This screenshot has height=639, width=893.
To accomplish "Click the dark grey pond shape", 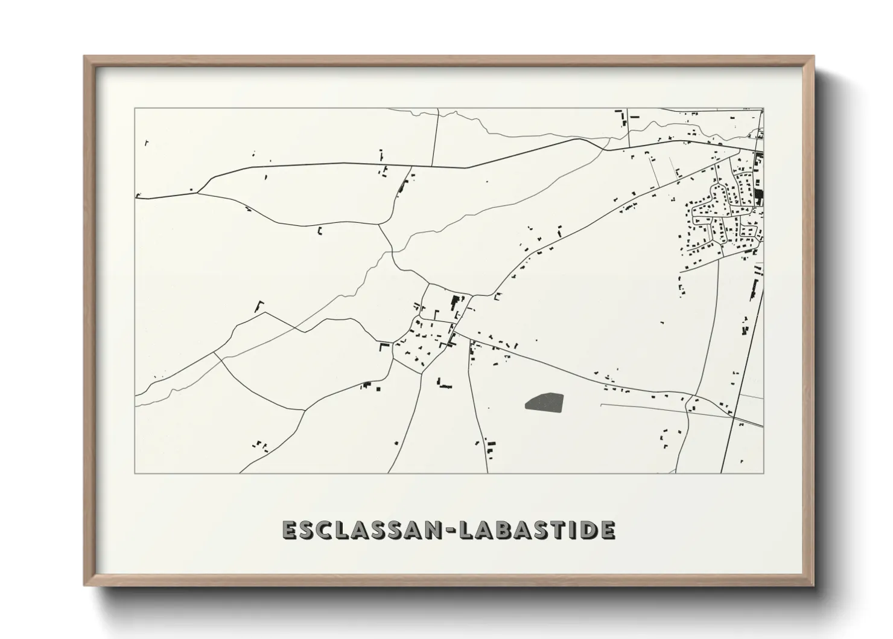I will [x=544, y=402].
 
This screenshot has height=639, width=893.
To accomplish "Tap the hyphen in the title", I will [x=449, y=530].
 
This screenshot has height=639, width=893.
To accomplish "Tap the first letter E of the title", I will [x=289, y=530].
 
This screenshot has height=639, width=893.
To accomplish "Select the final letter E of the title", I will [x=608, y=530].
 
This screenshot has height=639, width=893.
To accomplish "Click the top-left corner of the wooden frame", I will [x=84, y=56].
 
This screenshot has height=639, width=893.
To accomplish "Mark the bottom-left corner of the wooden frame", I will [x=84, y=585].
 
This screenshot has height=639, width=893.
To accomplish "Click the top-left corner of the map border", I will [x=135, y=108].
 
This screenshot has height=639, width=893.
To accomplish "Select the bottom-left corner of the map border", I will [x=135, y=473].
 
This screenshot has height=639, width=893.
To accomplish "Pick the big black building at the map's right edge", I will [x=758, y=195].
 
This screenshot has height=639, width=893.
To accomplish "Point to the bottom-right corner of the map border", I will [x=763, y=473].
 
